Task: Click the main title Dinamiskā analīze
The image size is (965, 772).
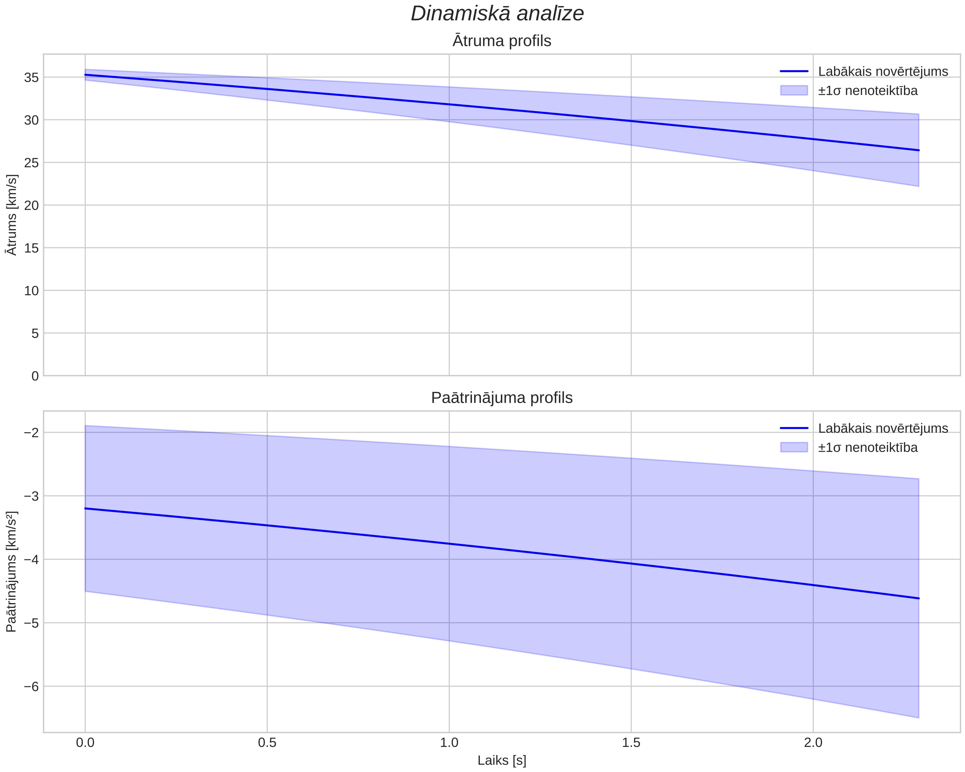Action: click(497, 13)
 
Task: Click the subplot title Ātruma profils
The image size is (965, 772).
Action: click(502, 41)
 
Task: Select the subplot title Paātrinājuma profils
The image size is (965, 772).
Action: click(502, 398)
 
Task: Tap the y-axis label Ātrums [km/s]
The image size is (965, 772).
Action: click(12, 215)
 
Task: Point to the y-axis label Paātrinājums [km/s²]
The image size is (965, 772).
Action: click(12, 572)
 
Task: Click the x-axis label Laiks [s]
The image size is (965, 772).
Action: click(502, 760)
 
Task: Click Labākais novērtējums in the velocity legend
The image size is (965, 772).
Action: click(883, 71)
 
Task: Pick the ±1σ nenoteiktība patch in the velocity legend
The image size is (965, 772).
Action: click(794, 91)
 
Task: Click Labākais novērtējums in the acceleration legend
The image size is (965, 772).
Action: click(883, 428)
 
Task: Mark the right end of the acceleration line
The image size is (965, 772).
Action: click(918, 598)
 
